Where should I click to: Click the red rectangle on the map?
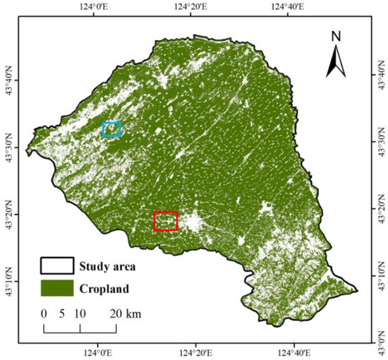pos(166,221)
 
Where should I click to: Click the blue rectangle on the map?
pos(111,129)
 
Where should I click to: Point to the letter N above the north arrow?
pos(337,35)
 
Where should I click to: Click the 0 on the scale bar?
pos(44,313)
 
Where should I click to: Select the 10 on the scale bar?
pos(80,313)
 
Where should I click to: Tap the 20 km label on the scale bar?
pos(126,313)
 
